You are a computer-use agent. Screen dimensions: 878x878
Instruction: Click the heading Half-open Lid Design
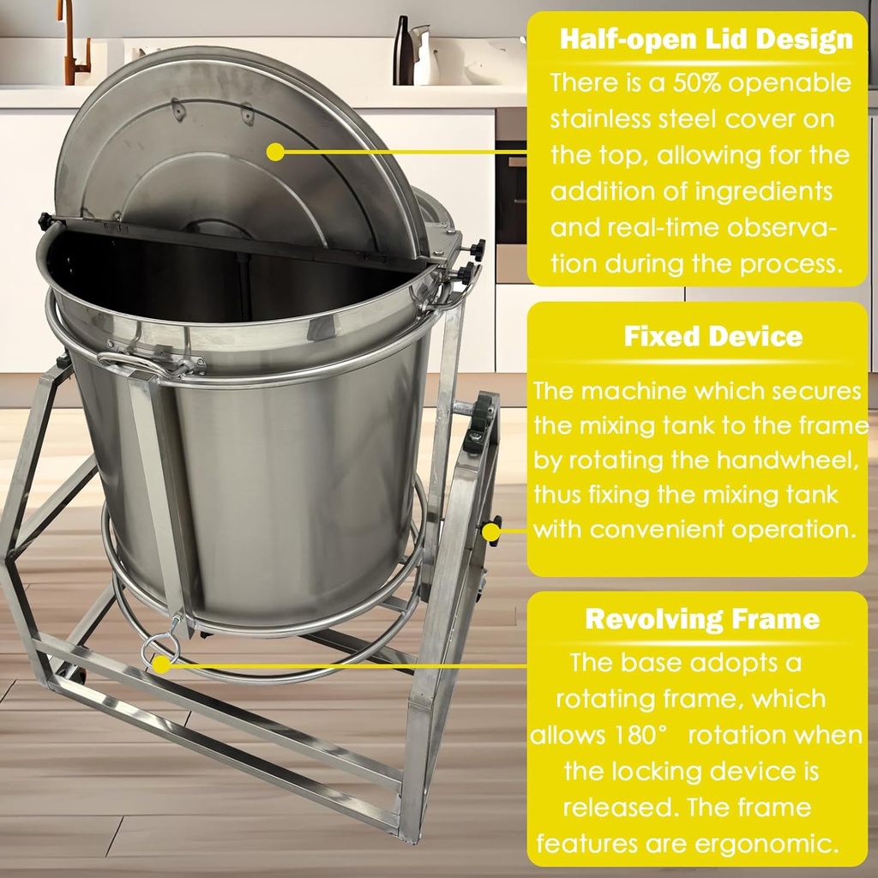706,39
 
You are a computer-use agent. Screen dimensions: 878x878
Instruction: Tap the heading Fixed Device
713,336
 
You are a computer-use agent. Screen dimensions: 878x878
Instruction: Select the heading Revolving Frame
701,619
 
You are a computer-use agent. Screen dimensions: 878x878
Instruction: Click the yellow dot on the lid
275,152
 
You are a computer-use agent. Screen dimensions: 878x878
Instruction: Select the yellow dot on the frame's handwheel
490,532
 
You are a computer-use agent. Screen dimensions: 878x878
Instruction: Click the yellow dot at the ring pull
160,663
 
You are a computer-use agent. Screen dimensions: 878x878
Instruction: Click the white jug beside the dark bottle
424,57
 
